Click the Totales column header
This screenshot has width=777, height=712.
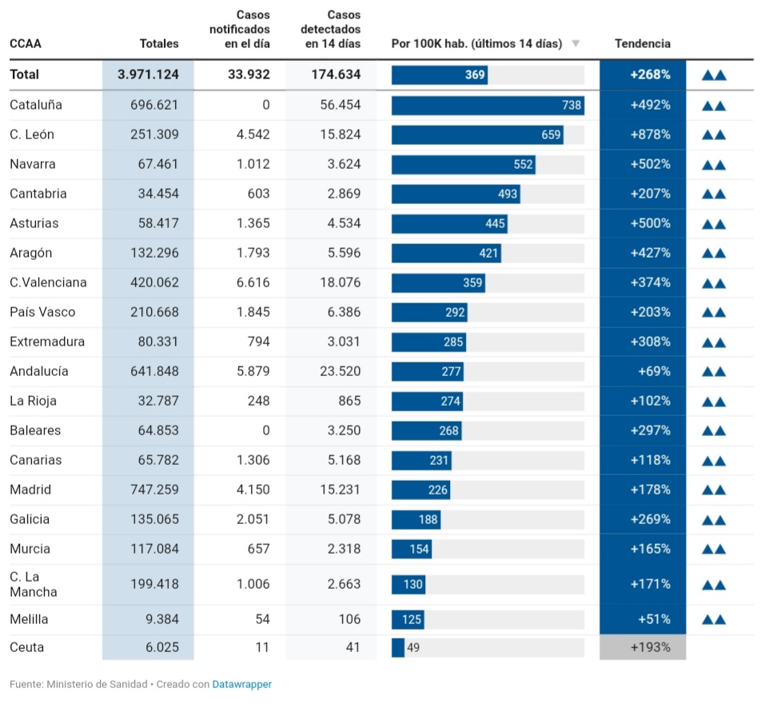point(159,43)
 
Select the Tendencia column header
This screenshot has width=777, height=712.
point(642,43)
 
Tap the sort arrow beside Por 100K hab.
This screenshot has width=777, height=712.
point(576,43)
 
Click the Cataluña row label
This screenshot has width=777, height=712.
point(36,105)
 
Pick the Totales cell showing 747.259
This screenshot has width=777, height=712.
point(154,490)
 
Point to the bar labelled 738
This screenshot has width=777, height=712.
point(488,105)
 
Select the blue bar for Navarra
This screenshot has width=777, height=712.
point(463,164)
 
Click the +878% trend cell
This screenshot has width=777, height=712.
point(649,134)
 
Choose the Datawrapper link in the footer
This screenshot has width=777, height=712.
point(241,685)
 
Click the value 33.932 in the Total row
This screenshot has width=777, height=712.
point(249,74)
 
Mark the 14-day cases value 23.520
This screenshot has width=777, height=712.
point(340,371)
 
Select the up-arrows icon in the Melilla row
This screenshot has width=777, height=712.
point(714,619)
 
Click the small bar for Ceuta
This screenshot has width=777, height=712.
point(398,647)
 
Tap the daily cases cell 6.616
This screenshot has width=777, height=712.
point(253,282)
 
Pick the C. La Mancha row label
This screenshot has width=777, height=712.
point(34,584)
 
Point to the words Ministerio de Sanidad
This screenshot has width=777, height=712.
point(97,685)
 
